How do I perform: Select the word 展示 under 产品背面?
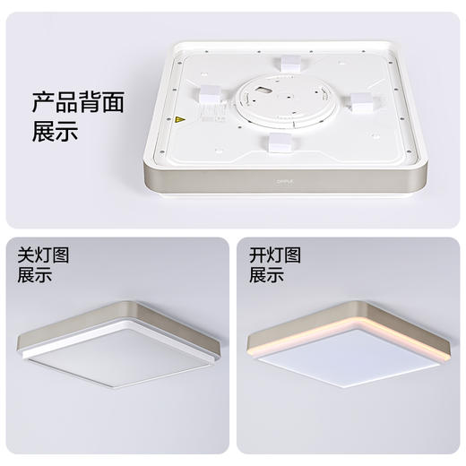pyautogui.click(x=55, y=134)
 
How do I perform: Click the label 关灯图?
pyautogui.click(x=43, y=255)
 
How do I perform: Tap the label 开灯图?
pyautogui.click(x=275, y=255)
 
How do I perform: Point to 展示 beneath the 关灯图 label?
pyautogui.click(x=35, y=276)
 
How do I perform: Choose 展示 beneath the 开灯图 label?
pyautogui.click(x=267, y=276)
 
